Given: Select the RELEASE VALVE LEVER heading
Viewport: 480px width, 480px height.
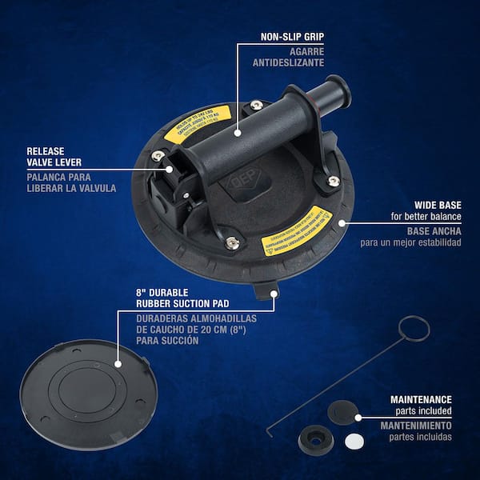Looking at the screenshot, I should (x=50, y=156).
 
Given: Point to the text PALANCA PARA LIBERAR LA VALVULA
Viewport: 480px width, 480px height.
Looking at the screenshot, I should (x=71, y=182).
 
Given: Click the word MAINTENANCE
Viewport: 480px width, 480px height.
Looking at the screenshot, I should (x=421, y=398).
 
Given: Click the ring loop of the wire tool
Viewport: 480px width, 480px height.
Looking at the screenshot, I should (x=413, y=328).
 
